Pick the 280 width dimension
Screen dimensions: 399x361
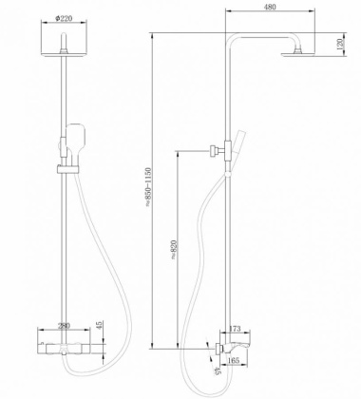click(63, 327)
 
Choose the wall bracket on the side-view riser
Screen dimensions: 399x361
click(213, 148)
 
